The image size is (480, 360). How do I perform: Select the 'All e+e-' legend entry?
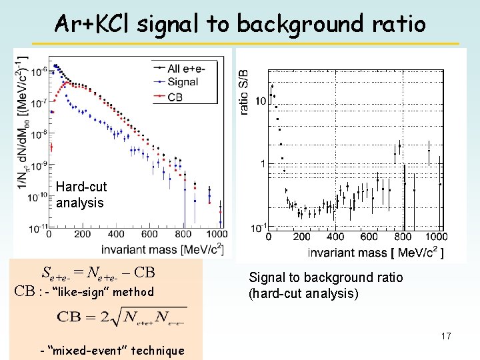pos(187,67)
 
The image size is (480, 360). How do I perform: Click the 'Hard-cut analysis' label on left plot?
pos(81,195)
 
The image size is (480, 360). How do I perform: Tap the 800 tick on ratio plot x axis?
pos(402,237)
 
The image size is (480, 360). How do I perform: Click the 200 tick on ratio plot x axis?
pos(301,237)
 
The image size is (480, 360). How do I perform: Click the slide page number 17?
pos(445,337)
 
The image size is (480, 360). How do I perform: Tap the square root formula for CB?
pos(121,316)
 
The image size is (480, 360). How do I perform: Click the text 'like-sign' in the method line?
pos(87,291)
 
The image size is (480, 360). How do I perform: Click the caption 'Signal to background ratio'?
pos(325,277)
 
